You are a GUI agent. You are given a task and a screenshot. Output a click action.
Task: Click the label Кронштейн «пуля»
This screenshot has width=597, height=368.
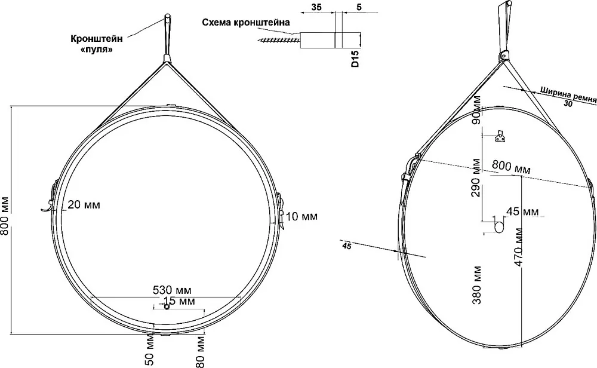click(97, 44)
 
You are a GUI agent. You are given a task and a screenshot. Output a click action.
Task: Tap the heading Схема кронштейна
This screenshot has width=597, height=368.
click(246, 23)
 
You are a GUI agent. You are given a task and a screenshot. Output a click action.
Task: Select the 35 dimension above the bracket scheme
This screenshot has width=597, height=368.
click(316, 7)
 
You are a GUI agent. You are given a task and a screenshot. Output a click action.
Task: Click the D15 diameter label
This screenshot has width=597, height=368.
click(355, 58)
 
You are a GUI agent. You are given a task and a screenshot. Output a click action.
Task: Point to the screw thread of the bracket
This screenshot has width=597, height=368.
click(279, 38)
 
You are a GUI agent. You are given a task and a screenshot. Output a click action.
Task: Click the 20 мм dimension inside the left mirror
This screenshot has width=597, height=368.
click(84, 205)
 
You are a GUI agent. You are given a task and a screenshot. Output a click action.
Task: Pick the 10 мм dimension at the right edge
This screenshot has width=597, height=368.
click(301, 217)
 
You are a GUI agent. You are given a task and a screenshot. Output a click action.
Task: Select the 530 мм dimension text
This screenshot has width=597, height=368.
click(172, 290)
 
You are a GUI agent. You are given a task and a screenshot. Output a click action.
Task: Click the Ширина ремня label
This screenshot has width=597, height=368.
click(568, 95)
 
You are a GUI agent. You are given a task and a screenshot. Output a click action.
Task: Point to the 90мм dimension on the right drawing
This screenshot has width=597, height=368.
click(476, 109)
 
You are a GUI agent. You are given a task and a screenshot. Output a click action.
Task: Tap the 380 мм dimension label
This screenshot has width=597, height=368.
click(476, 285)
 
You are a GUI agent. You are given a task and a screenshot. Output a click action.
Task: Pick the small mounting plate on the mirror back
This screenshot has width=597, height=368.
click(500, 136)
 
